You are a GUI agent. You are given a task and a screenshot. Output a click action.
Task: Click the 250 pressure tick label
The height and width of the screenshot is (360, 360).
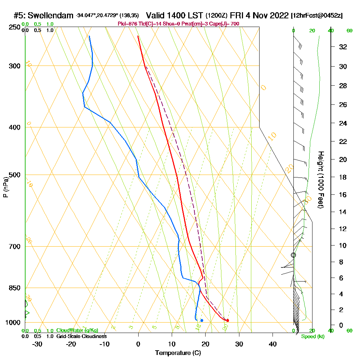click(14, 27)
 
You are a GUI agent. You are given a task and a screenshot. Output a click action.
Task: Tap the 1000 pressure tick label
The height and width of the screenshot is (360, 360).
click(13, 323)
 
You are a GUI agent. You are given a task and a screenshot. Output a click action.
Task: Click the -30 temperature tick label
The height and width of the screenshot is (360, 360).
click(37, 344)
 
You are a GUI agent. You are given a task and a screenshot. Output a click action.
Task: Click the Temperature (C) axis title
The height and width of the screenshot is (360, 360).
click(178, 353)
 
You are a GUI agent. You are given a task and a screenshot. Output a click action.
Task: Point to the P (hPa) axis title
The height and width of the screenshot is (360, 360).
click(5, 187)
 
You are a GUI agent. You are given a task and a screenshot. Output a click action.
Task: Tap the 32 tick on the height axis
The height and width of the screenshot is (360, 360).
click(343, 47)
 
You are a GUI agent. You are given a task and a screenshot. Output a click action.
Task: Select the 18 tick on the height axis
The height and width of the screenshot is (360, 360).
click(343, 177)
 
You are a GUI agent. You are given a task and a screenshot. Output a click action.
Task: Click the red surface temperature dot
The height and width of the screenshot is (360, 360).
click(228, 320)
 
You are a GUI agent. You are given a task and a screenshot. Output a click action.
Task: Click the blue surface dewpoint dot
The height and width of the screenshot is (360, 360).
click(202, 320)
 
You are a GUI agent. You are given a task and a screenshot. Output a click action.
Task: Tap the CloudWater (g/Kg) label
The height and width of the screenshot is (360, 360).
click(77, 330)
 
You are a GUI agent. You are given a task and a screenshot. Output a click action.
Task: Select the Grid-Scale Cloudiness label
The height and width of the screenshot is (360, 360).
click(81, 336)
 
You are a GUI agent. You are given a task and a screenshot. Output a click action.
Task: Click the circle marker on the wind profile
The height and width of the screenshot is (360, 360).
click(293, 255)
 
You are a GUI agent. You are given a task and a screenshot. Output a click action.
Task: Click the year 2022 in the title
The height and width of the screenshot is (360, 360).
click(279, 15)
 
